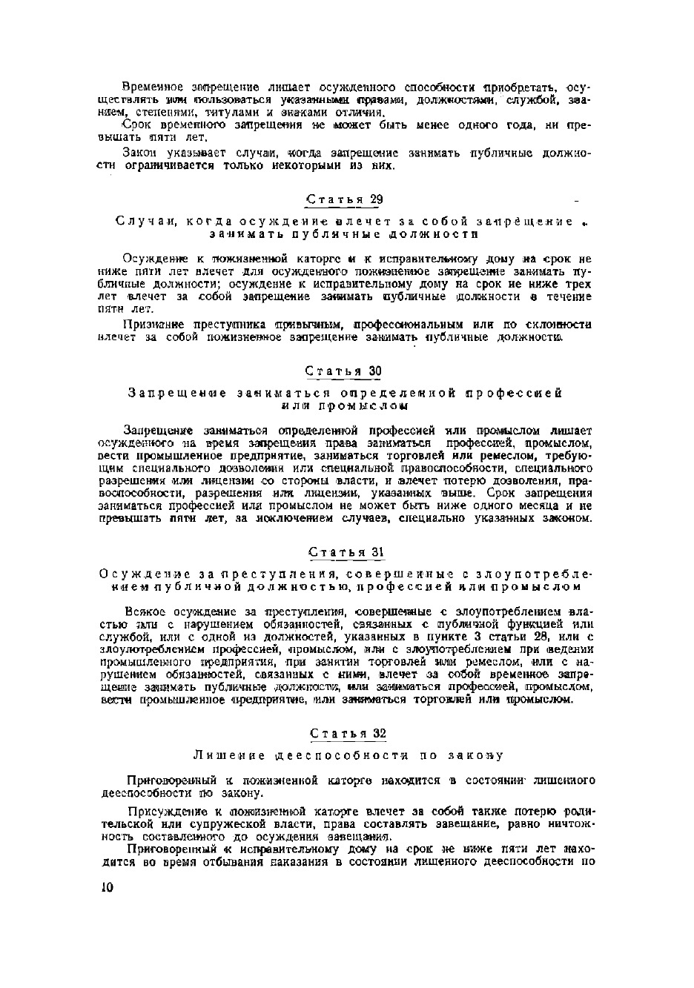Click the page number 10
(x=105, y=888)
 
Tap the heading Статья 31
(x=346, y=552)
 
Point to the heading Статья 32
(x=348, y=733)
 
